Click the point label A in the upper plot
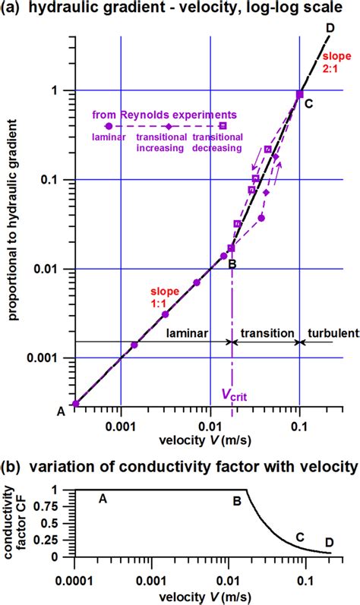[x=62, y=411]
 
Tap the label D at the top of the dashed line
[x=330, y=28]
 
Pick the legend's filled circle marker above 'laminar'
[x=108, y=126]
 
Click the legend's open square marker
[x=223, y=126]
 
